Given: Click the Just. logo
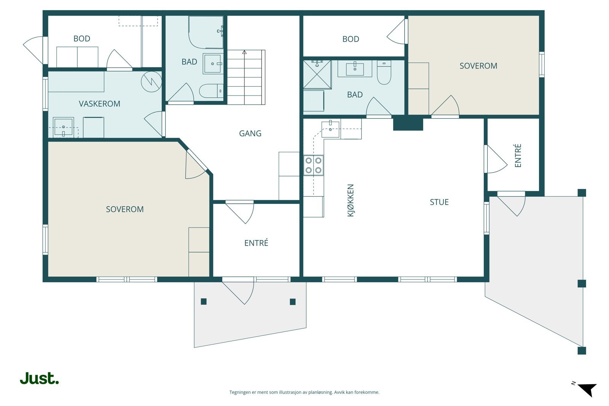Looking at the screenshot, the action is click(x=40, y=378).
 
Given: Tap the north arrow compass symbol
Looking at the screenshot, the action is click(x=587, y=389).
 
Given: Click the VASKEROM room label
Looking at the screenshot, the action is click(x=99, y=104).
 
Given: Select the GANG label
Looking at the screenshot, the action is click(x=250, y=134).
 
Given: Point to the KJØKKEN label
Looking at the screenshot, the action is click(x=351, y=200).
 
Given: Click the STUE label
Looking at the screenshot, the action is click(x=439, y=202).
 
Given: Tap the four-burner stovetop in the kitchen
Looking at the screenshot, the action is click(x=314, y=165).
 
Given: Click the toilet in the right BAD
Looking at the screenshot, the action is click(x=384, y=72).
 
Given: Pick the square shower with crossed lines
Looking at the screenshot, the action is click(x=317, y=75).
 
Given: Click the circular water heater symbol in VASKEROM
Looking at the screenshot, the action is click(x=151, y=81).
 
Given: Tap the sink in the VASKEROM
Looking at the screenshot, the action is click(x=63, y=127).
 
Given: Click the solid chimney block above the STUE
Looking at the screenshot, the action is click(x=408, y=123).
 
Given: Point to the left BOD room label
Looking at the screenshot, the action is click(x=82, y=38).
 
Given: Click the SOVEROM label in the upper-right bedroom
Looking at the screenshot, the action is click(x=478, y=66).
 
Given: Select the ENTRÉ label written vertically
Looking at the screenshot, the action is click(x=518, y=156).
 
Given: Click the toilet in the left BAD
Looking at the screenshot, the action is click(x=211, y=91).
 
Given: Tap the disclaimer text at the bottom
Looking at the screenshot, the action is click(x=304, y=392).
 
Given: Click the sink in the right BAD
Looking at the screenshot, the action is click(x=355, y=69).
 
